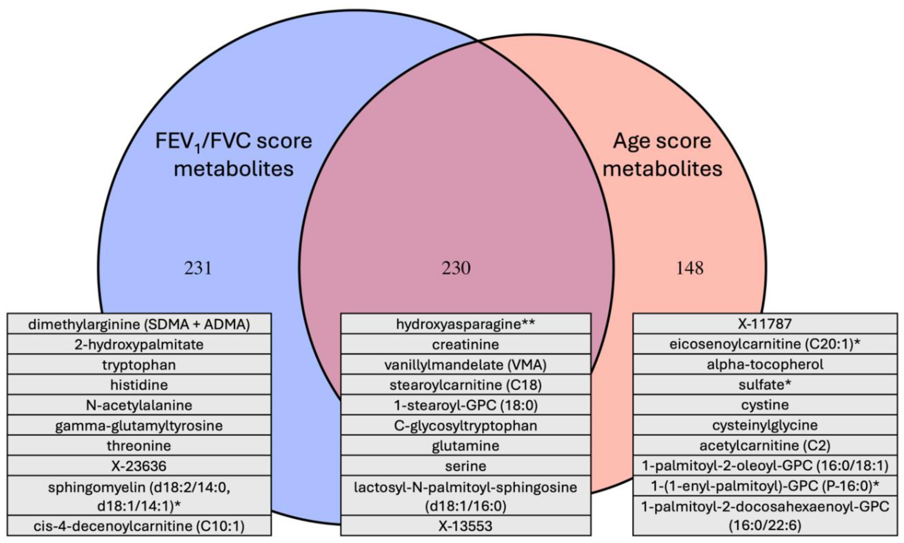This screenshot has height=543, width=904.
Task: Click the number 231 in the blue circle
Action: [x=198, y=268]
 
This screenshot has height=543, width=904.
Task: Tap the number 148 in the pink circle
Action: [x=690, y=268]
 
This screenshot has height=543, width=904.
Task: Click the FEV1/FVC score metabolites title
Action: [x=234, y=155]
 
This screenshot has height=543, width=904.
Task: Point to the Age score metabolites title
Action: [x=662, y=155]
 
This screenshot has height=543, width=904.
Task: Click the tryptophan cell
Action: [x=139, y=365]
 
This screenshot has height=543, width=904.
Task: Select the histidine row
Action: [x=139, y=385]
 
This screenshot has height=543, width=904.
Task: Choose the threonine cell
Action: [x=139, y=446]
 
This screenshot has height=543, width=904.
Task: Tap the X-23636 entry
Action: [x=139, y=466]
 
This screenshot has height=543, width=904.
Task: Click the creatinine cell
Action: [x=465, y=344]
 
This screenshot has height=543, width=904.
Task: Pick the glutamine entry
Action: [x=465, y=446]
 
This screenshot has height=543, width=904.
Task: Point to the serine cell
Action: [x=465, y=466]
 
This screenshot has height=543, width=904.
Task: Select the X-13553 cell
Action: [x=465, y=526]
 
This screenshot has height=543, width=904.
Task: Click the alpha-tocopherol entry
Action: [x=765, y=364]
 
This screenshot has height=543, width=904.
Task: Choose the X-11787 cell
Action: [x=765, y=324]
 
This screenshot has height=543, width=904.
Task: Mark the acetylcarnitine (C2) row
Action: [x=765, y=445]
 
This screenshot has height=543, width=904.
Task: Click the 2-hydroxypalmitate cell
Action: [x=139, y=344]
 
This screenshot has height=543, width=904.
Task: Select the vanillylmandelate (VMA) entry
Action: [x=465, y=365]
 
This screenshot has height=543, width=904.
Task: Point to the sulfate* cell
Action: [x=765, y=385]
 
